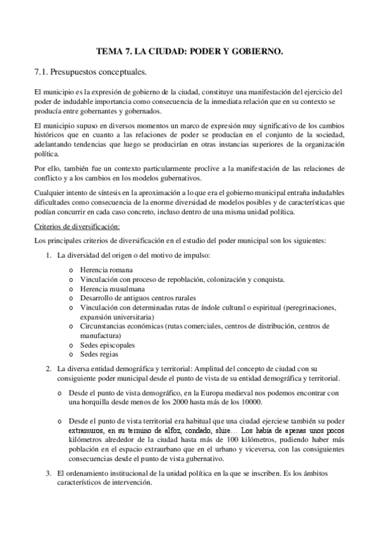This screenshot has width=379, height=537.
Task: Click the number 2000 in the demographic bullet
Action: tap(178, 402)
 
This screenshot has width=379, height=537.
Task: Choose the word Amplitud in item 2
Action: tap(193, 369)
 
